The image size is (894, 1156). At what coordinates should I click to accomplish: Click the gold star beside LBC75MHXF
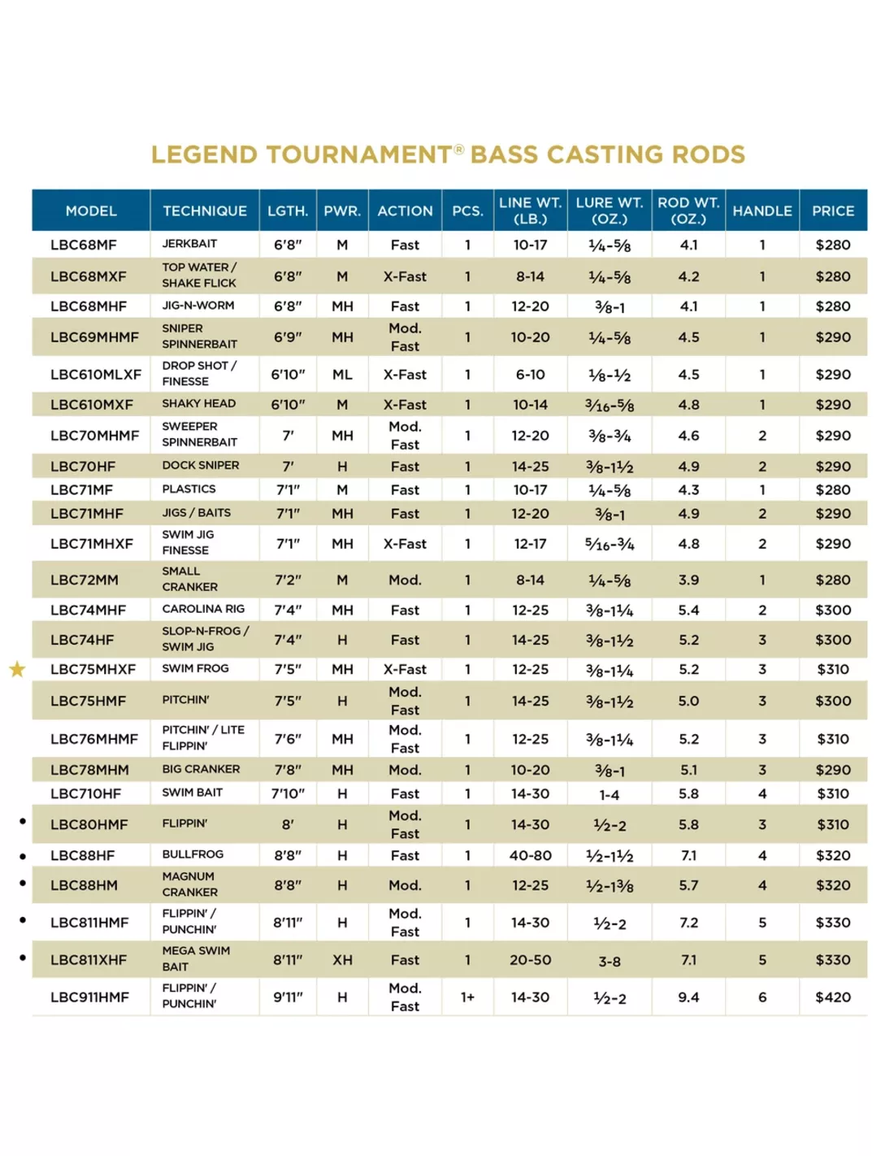(x=17, y=669)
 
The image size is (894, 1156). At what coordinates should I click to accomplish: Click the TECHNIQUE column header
(x=204, y=211)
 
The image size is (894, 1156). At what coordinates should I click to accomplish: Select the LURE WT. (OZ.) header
(x=609, y=211)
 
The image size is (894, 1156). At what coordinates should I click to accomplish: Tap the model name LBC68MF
(x=84, y=245)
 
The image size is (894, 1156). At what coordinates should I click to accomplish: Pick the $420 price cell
(x=832, y=997)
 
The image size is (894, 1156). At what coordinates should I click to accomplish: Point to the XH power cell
(x=342, y=959)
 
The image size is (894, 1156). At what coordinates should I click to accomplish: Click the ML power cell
(x=342, y=375)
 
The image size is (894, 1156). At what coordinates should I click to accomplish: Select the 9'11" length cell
(x=288, y=997)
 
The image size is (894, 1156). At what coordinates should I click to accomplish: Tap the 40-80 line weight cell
(x=530, y=855)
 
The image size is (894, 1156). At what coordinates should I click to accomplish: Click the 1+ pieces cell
(x=467, y=997)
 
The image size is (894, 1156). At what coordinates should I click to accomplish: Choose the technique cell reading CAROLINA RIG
(x=203, y=609)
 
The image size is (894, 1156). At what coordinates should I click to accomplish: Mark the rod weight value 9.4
(x=688, y=997)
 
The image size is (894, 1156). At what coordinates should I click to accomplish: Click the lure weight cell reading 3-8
(x=609, y=961)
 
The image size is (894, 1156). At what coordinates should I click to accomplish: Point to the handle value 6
(x=762, y=997)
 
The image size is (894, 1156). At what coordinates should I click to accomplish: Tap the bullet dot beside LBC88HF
(x=23, y=856)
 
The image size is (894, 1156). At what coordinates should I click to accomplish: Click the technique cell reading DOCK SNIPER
(x=201, y=466)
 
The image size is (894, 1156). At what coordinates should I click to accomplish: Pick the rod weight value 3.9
(x=688, y=580)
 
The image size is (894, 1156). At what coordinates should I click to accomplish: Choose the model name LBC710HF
(x=86, y=793)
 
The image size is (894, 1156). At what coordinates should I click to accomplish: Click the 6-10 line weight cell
(x=530, y=375)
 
